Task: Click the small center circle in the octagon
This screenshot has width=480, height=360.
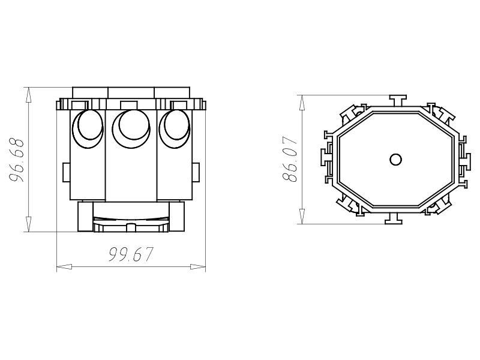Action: [x=395, y=159]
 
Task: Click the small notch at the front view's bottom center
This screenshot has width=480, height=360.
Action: [x=130, y=227]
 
